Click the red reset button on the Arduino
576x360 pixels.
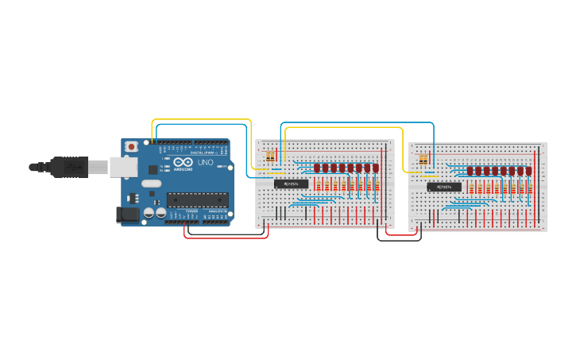pos(131,146)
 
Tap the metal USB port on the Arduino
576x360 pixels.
pos(121,167)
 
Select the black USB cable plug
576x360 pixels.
pos(71,167)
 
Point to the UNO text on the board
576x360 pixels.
pos(205,162)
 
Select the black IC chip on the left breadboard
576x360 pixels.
pos(291,184)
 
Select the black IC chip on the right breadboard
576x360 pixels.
pos(444,188)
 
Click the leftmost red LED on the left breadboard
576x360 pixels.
pos(316,168)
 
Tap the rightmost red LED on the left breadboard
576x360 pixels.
pos(376,168)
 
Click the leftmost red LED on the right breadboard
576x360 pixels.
pos(470,171)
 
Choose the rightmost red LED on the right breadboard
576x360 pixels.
pos(528,171)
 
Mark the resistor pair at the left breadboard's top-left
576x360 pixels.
pos(271,156)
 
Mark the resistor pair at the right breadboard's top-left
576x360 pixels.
pos(423,160)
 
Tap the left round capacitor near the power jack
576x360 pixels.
pos(149,213)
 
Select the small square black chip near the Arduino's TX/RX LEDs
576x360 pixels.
pos(153,169)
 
